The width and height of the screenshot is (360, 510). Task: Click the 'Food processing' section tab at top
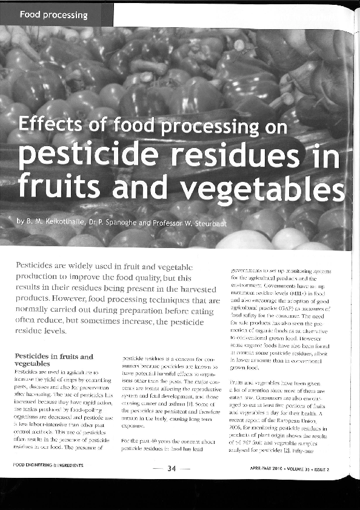click(x=53, y=14)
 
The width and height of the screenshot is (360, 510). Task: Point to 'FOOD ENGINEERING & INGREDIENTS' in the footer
click(x=49, y=485)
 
